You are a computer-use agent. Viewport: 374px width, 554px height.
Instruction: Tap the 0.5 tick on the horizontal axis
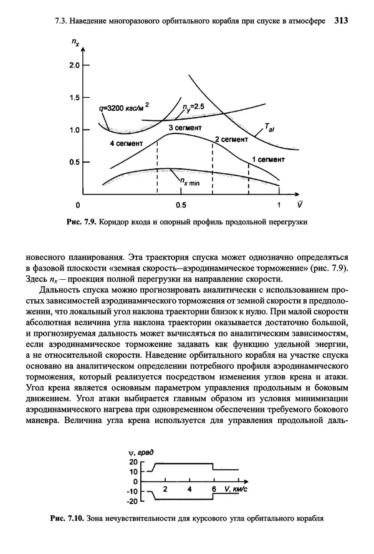click(x=181, y=205)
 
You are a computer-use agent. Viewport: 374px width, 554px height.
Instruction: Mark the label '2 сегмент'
click(x=231, y=140)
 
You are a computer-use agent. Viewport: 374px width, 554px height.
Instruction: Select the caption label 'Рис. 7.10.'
click(x=65, y=518)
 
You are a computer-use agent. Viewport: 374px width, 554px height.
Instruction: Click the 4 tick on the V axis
click(x=189, y=490)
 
